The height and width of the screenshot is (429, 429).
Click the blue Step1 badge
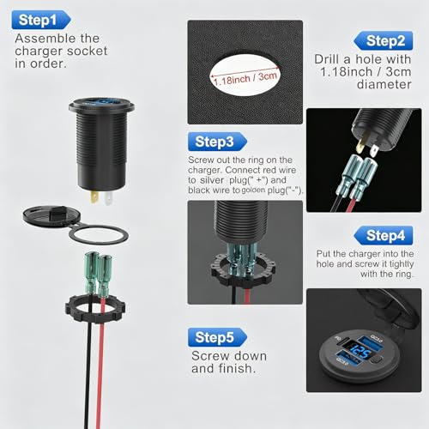point(41,20)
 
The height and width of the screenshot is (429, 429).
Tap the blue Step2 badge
point(384,40)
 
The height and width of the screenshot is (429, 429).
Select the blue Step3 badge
point(217,142)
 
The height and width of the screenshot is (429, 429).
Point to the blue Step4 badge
point(384,235)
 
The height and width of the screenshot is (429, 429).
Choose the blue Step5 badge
point(217,337)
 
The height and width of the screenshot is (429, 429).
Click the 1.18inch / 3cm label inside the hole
point(245,78)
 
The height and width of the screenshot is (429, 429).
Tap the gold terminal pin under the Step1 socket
point(94,197)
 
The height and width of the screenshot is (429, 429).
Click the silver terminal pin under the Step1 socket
point(108,198)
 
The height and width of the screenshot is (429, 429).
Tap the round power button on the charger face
point(378,360)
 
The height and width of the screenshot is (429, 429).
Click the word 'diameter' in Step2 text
point(384,84)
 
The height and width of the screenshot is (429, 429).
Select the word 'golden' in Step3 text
point(253,190)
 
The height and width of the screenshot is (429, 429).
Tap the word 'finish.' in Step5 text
point(237,368)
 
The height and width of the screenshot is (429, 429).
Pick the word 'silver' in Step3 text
point(212,180)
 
